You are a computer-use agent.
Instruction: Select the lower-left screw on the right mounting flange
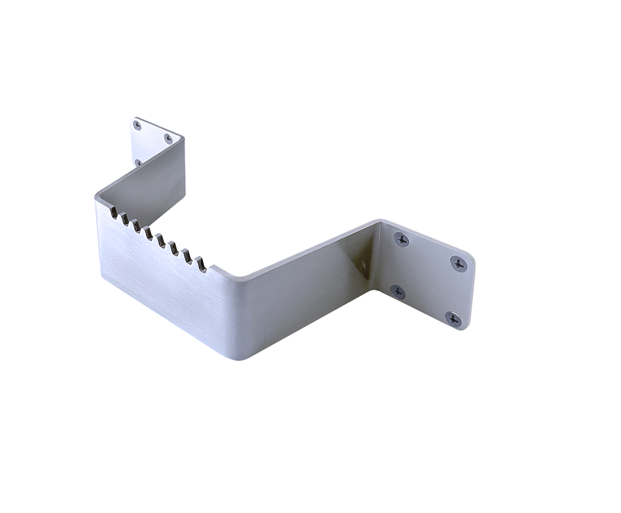pyautogui.click(x=398, y=292)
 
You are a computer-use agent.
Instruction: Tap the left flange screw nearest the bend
pyautogui.click(x=169, y=138)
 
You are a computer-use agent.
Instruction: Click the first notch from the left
pyautogui.click(x=113, y=212)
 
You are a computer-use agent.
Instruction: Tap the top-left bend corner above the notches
pyautogui.click(x=96, y=195)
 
